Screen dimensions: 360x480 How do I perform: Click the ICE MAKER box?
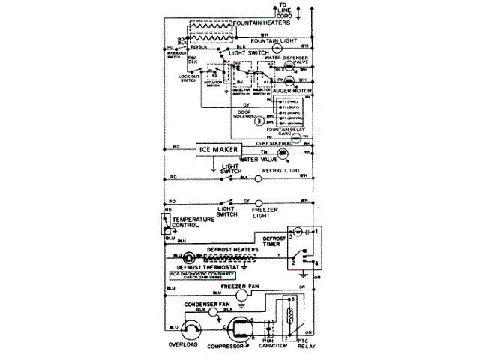(223, 149)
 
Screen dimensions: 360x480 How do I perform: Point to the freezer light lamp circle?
(258, 202)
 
